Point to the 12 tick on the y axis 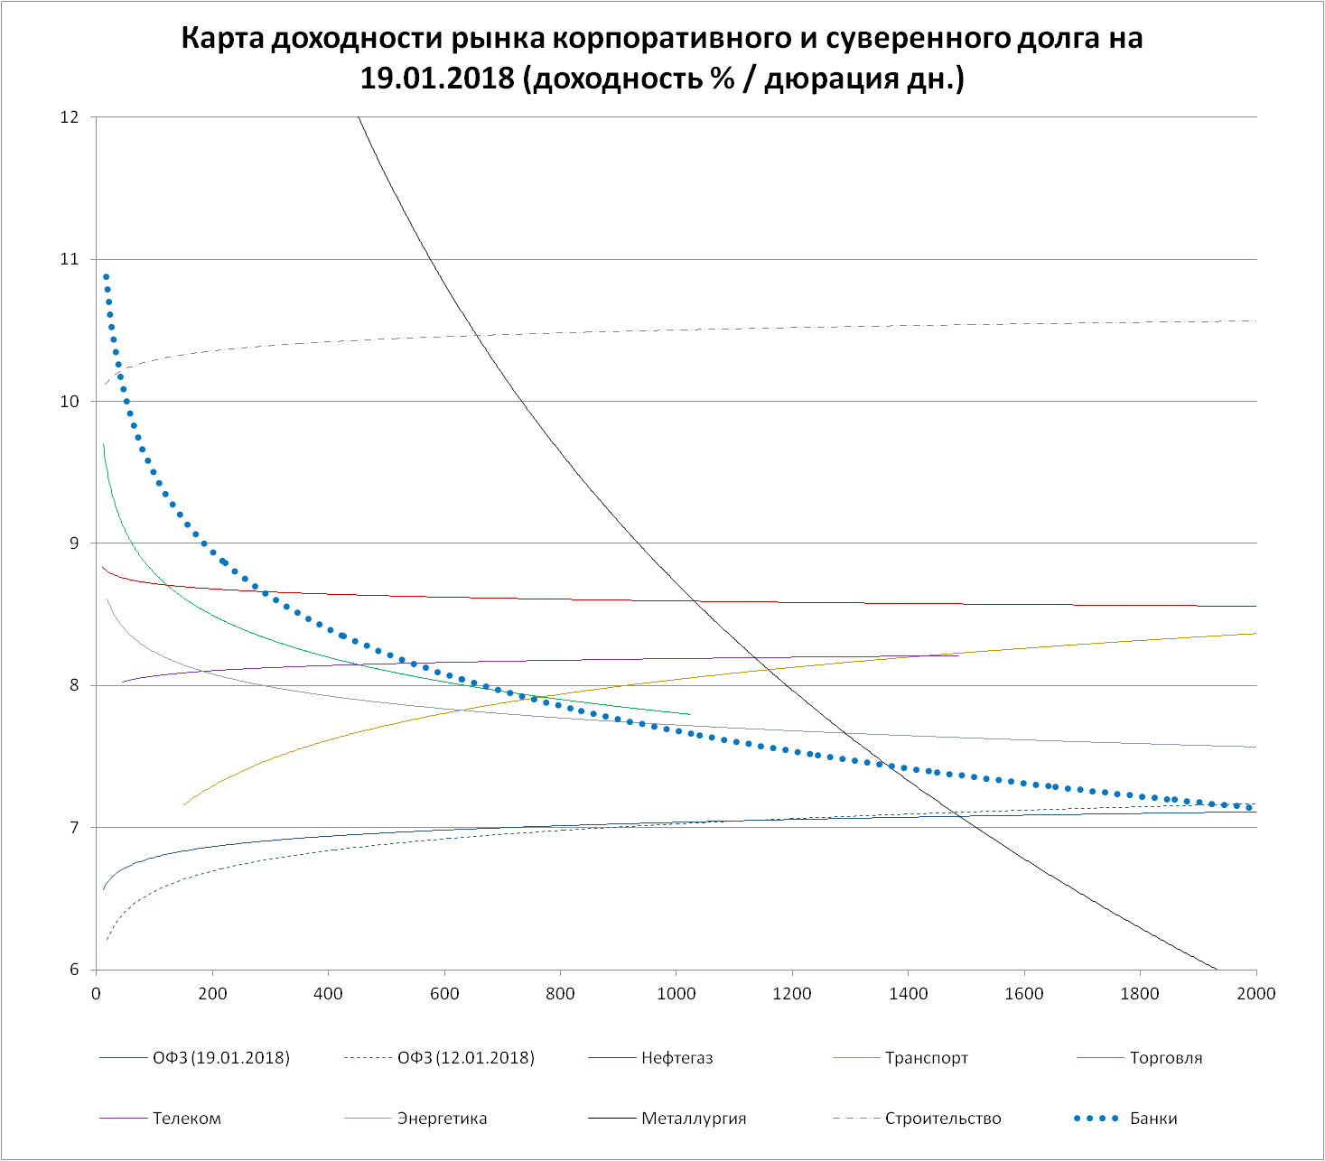pyautogui.click(x=70, y=117)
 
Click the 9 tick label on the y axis pyautogui.click(x=75, y=543)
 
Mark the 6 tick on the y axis pyautogui.click(x=75, y=970)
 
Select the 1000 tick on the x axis pyautogui.click(x=676, y=994)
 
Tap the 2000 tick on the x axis pyautogui.click(x=1255, y=994)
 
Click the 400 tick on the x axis pyautogui.click(x=328, y=994)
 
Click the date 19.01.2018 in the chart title pyautogui.click(x=437, y=79)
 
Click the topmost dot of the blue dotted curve pyautogui.click(x=106, y=277)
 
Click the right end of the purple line pyautogui.click(x=957, y=655)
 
